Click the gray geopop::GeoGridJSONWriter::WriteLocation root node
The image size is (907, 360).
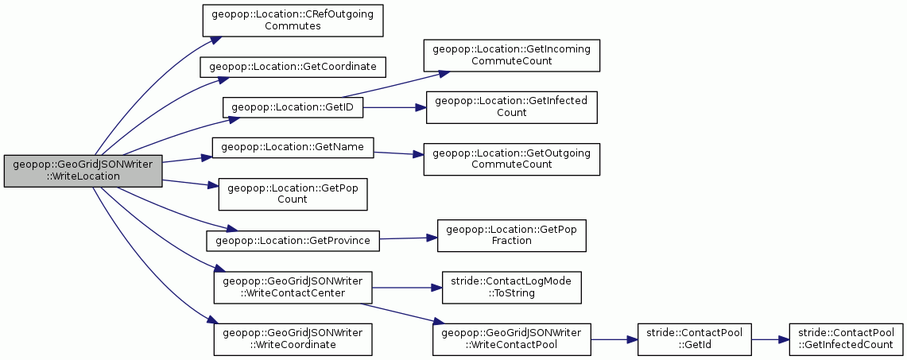83,171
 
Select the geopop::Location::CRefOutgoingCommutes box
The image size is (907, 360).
292,21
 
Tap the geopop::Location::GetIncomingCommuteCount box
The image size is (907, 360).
511,56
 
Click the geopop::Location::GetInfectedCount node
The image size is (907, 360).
511,107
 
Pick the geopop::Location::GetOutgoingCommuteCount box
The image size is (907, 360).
511,159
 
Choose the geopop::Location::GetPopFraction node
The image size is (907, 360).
511,235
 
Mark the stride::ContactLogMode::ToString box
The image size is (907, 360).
511,287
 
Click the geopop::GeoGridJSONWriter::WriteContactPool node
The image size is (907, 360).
511,339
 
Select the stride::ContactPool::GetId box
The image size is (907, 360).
693,339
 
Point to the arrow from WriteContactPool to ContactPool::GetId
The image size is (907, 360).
614,339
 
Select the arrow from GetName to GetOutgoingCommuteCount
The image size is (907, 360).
398,153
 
